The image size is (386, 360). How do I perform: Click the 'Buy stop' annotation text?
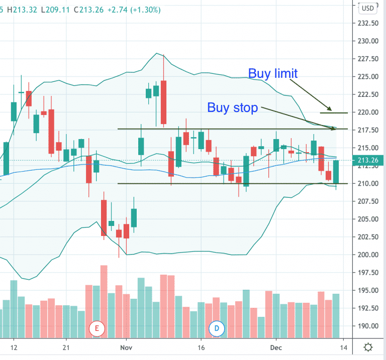pos(233,107)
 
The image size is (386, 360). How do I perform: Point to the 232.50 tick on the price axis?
pos(368,23)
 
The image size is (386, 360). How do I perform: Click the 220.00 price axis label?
pos(368,112)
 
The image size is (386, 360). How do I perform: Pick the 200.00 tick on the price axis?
pos(368,255)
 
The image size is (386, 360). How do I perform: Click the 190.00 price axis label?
pos(368,326)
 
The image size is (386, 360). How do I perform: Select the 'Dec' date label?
pos(275,347)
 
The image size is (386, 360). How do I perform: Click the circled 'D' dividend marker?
pos(217,329)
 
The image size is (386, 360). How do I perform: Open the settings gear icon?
pos(368,347)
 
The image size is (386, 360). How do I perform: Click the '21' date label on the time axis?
pos(65,347)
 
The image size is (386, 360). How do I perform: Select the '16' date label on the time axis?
pos(201,347)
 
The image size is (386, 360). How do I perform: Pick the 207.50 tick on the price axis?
pos(368,201)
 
